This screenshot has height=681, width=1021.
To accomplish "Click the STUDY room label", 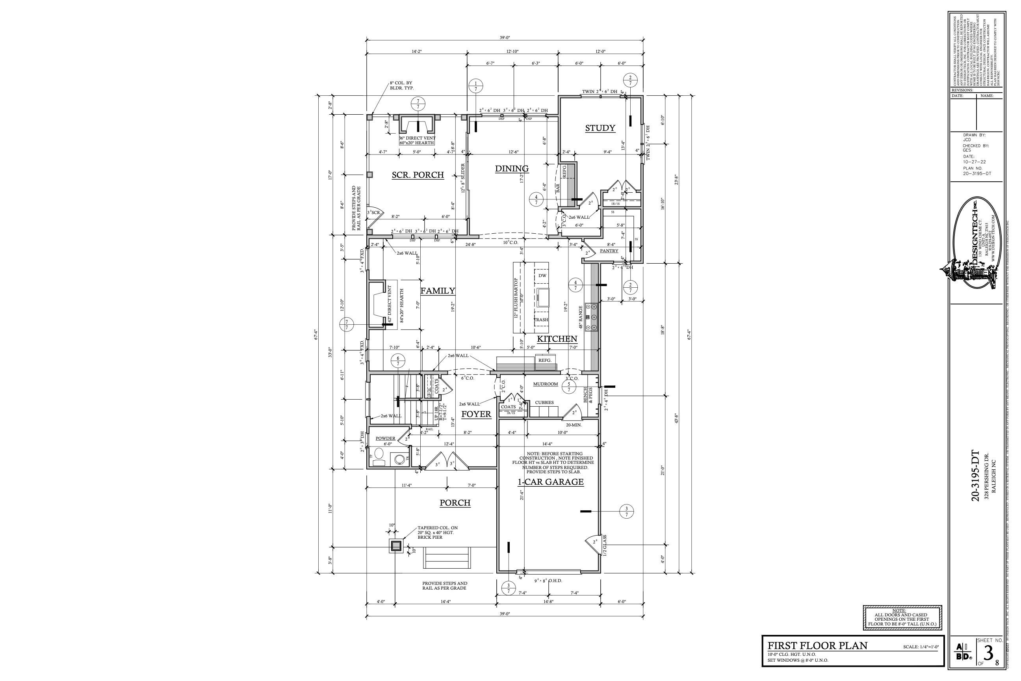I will pos(600,128).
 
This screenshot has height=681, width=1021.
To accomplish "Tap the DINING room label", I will pos(512,169).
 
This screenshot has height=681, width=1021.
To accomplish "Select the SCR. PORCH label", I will pos(418,175).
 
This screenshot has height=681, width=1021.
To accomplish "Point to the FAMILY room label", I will pos(438,290).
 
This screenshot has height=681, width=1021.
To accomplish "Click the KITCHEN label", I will pos(557,339).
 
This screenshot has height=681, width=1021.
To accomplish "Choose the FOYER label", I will pos(476,414).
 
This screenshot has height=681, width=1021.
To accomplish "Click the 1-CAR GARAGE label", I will pos(550,482).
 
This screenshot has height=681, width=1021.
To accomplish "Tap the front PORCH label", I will pos(455,502).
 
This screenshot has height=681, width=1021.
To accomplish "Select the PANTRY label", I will pos(609,251).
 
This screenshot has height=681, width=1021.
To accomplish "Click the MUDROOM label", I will pos(545,384).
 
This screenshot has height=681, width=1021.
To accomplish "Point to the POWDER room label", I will pos(386,438).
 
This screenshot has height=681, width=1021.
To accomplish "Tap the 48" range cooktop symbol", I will pos(591,317).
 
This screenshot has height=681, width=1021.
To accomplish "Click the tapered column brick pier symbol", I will pos(395,546).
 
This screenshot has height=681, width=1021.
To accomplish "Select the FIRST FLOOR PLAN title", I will pos(817,646).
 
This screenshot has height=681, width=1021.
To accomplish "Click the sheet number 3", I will pos(988,653).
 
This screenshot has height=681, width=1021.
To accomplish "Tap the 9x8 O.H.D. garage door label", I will pos(548,580).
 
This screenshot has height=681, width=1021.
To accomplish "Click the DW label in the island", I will pos(542,275).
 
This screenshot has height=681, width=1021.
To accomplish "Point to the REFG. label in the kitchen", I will pos(545,360).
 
